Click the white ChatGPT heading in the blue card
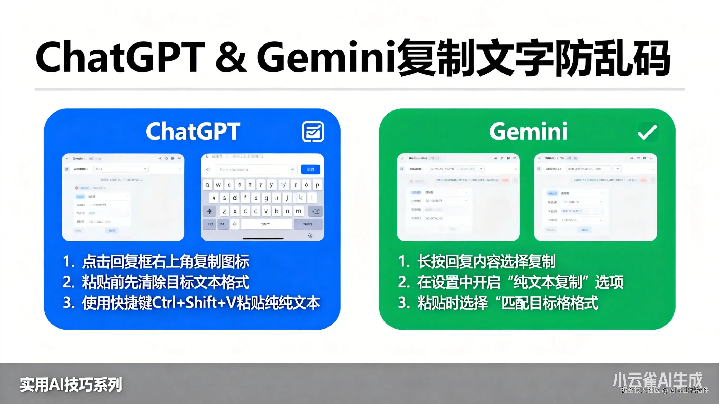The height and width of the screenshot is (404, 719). (x=193, y=131)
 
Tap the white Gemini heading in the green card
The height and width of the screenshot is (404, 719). (x=528, y=131)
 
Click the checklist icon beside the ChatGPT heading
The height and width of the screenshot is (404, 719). (x=313, y=132)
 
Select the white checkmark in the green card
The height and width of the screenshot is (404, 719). (x=648, y=132)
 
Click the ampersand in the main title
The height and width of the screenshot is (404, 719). (x=231, y=57)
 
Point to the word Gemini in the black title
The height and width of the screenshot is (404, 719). (x=327, y=57)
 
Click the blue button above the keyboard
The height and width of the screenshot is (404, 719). (x=310, y=169)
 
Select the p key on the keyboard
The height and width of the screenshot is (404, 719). (x=317, y=185)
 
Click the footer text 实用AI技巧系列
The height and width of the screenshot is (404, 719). (x=71, y=385)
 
